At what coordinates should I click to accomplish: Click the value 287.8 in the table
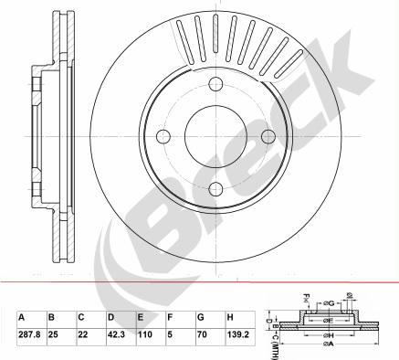(28, 334)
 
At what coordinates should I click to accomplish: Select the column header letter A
(22, 318)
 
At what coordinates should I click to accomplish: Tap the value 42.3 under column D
(115, 334)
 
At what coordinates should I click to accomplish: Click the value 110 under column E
(143, 334)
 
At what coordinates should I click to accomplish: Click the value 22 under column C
(83, 334)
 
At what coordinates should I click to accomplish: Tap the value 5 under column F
(169, 334)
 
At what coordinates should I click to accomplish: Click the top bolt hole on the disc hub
(215, 85)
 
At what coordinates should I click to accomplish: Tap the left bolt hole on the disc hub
(165, 136)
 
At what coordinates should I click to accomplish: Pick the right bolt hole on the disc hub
(268, 136)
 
